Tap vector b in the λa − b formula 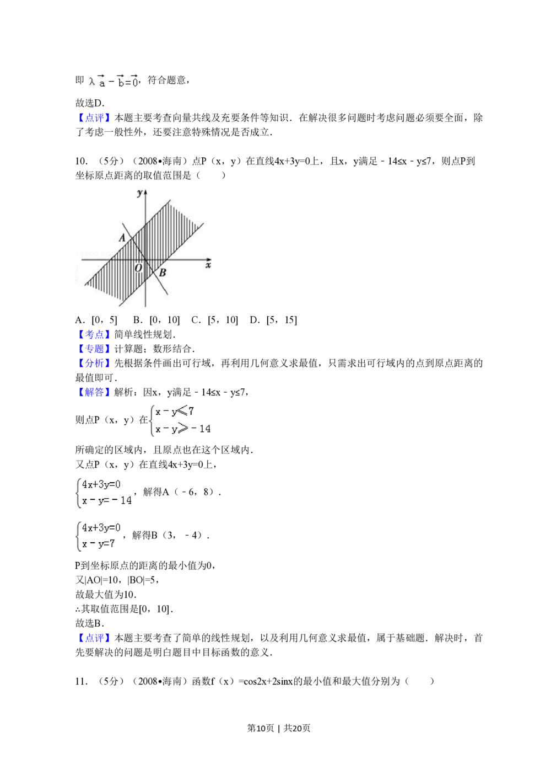pos(120,82)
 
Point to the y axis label pos(139,192)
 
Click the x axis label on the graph pos(208,266)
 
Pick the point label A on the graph pos(122,238)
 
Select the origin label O pos(138,268)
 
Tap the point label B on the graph pos(163,272)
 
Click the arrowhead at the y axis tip pos(145,191)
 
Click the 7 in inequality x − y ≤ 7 pos(191,411)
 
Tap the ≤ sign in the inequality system pos(182,411)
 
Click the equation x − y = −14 pos(107,500)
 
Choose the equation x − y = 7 pos(99,544)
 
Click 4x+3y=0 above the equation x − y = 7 pos(101,528)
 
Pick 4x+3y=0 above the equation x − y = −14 pos(101,484)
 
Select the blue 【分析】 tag pos(94,363)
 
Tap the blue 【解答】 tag pos(94,392)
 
